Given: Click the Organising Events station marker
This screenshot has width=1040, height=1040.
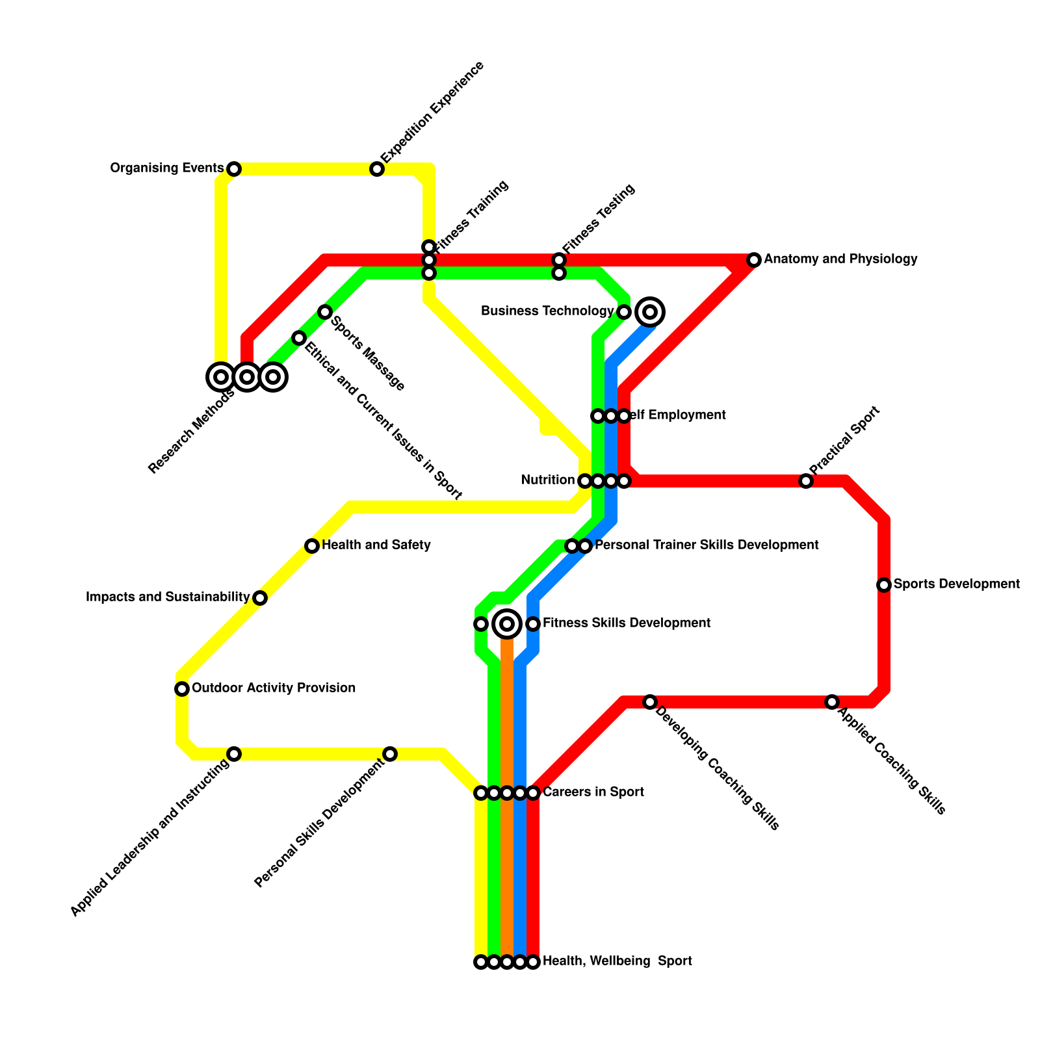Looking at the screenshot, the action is click(234, 169).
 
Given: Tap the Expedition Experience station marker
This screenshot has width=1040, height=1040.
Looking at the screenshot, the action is click(377, 169).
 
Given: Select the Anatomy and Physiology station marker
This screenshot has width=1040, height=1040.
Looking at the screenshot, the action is click(754, 260).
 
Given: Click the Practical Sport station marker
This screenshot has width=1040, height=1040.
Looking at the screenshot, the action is click(806, 481).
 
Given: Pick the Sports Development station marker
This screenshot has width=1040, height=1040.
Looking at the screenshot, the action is click(884, 585).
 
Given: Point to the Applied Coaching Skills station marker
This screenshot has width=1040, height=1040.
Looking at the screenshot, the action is click(832, 702).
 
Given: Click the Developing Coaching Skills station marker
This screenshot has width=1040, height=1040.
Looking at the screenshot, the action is click(650, 702).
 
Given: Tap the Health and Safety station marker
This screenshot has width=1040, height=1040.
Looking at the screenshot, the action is click(312, 546).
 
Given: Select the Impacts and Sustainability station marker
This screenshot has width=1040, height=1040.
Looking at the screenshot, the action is click(260, 598).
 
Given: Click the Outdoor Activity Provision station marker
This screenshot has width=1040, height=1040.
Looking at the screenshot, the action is click(182, 689).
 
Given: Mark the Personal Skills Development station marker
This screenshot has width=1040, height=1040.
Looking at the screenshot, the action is click(390, 754).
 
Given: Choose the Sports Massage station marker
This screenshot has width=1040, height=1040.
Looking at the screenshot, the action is click(325, 312).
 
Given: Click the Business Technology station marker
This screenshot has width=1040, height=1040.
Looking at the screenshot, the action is click(624, 312).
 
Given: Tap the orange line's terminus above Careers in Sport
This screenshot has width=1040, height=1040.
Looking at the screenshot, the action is click(507, 624).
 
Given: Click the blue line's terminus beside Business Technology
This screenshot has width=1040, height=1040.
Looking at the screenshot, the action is click(650, 312).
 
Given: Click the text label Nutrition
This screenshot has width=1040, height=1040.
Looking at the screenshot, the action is click(548, 480).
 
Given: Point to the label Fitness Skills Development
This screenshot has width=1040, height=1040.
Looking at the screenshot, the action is click(627, 623).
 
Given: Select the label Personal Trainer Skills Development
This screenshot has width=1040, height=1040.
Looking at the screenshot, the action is click(707, 545).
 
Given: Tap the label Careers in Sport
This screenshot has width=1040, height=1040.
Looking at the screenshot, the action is click(593, 792).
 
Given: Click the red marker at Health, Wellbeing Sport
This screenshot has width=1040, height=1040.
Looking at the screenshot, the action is click(533, 962).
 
